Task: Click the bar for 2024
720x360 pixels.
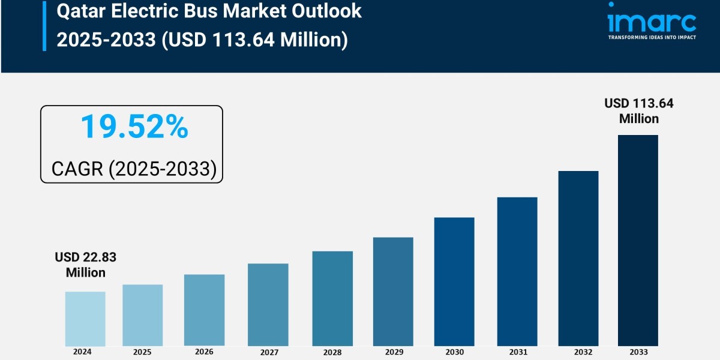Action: click(85, 319)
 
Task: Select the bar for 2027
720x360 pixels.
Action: click(268, 305)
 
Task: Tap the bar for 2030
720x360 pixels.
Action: click(454, 281)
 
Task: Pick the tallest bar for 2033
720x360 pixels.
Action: click(638, 240)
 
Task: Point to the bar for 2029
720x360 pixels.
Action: click(393, 292)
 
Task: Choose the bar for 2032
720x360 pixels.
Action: click(578, 258)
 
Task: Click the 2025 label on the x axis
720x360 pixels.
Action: click(142, 352)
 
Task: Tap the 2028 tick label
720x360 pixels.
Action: click(332, 353)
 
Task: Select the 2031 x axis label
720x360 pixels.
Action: click(517, 353)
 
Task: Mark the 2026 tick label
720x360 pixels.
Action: click(204, 352)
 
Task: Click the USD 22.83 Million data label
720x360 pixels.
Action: click(85, 265)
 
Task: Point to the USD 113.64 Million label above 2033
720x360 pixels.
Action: click(639, 111)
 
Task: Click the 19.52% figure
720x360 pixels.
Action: click(134, 127)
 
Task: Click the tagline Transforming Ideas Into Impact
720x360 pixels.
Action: click(652, 37)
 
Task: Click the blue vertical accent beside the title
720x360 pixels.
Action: click(44, 25)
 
